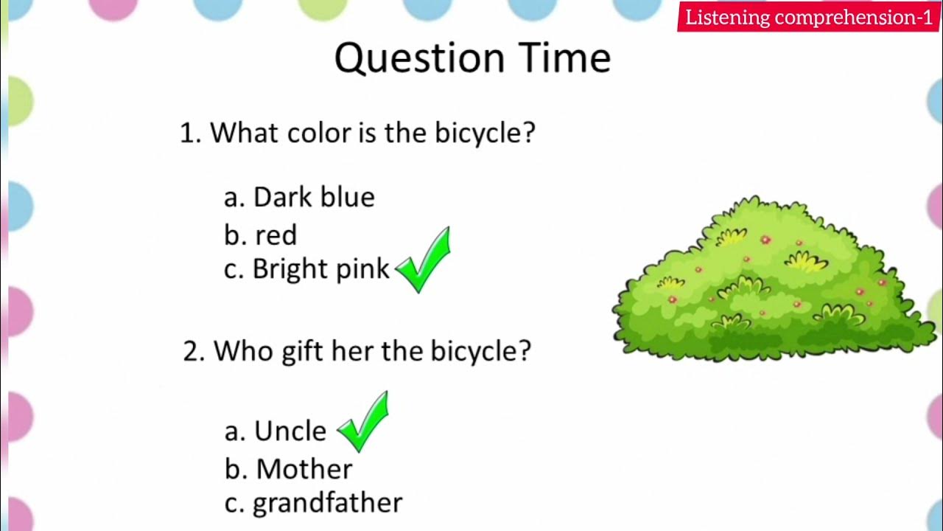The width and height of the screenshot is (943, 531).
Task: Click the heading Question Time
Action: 472,58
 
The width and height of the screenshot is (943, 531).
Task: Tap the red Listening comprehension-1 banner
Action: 809,18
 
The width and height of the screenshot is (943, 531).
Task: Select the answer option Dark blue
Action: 300,197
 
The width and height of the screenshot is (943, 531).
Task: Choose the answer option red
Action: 261,235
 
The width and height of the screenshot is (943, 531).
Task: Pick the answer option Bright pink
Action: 306,269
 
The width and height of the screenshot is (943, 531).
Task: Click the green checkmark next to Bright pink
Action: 424,260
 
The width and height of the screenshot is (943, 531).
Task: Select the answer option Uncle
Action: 276,431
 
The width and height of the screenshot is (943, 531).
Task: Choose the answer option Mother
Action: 289,469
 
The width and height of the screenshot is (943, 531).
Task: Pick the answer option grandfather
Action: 314,503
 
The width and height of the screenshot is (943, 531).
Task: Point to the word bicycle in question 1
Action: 484,133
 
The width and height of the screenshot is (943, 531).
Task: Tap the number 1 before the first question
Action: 188,133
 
